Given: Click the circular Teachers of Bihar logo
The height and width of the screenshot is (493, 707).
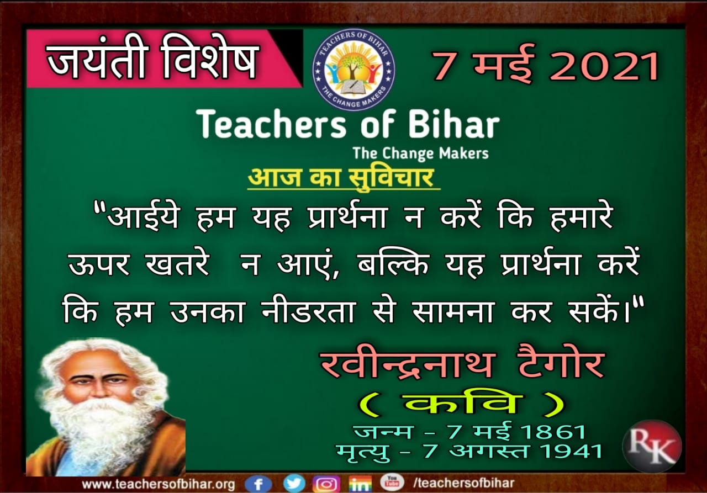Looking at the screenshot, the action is pyautogui.click(x=353, y=69).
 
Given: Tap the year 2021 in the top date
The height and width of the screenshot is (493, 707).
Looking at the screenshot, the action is pyautogui.click(x=604, y=67).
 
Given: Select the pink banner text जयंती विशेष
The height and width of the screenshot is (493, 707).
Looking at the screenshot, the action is pyautogui.click(x=151, y=60).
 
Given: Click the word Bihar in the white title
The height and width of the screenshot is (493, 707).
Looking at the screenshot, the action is pyautogui.click(x=454, y=124).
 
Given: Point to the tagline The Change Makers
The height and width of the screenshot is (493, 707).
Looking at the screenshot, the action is pyautogui.click(x=421, y=153).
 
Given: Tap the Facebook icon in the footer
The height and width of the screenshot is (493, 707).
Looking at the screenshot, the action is pyautogui.click(x=258, y=484).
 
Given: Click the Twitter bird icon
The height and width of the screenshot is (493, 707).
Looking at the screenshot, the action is pyautogui.click(x=294, y=483).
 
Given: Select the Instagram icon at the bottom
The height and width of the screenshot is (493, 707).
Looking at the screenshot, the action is pyautogui.click(x=326, y=484).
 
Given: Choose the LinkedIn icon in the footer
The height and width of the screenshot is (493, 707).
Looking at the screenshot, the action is pyautogui.click(x=360, y=484).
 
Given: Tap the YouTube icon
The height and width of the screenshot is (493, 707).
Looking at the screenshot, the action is pyautogui.click(x=392, y=482).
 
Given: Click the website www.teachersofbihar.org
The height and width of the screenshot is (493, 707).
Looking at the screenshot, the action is pyautogui.click(x=159, y=484).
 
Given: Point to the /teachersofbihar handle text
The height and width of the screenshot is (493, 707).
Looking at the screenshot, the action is pyautogui.click(x=463, y=483).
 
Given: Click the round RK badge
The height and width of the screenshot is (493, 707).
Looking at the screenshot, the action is pyautogui.click(x=652, y=446).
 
